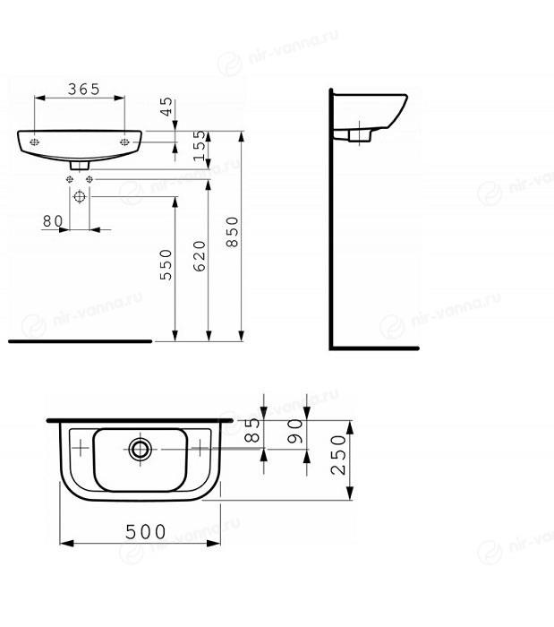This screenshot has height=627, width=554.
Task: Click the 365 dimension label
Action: pos(83,90)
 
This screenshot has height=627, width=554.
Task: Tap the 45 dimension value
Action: pos(166,107)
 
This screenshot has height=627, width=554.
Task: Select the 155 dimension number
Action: pos(200,145)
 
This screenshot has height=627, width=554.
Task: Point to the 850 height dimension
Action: pos(232,231)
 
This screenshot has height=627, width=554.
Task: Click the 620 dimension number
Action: pos(200,256)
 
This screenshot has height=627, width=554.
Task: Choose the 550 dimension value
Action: pos(166,264)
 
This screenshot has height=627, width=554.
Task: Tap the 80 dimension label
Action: pos(53,221)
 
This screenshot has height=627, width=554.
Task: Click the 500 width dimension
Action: pos(145,532)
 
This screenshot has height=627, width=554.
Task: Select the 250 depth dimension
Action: pos(338,455)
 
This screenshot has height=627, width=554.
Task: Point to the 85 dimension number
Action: pos(252,430)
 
